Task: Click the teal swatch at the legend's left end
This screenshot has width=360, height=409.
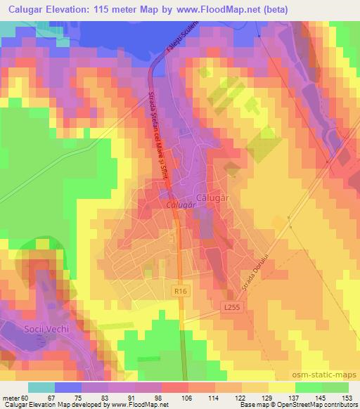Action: click(41, 387)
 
